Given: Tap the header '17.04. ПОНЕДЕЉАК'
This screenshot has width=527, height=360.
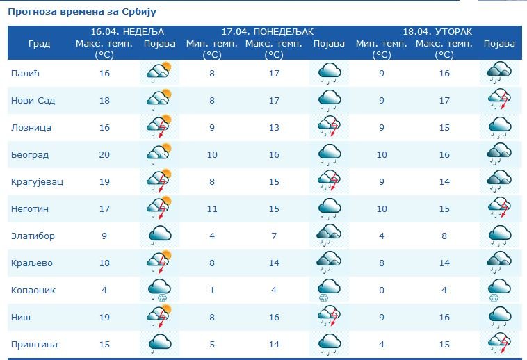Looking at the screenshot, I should point(268,32).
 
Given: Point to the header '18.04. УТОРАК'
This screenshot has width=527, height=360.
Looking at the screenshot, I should point(437,32).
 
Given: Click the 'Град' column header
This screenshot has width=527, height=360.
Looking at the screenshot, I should point(39,44).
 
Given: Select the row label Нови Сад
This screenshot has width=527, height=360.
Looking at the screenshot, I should point(33,100).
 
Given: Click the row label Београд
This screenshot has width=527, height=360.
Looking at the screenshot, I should point(30,154).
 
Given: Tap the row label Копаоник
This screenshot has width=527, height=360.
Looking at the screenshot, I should point(33,290).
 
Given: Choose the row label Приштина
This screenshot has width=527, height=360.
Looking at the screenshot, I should point(34,344).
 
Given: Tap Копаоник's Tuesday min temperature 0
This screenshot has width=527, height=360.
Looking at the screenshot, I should point(381,290).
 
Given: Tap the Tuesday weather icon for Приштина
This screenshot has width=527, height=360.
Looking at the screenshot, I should point(499,344).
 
